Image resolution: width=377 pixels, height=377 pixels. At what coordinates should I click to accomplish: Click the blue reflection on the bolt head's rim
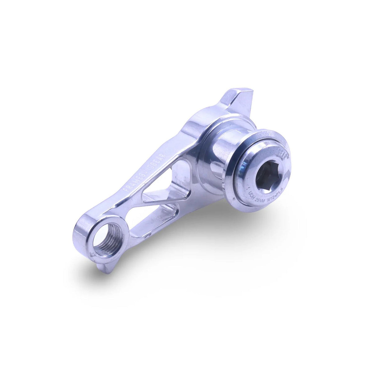pyautogui.click(x=245, y=165)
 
